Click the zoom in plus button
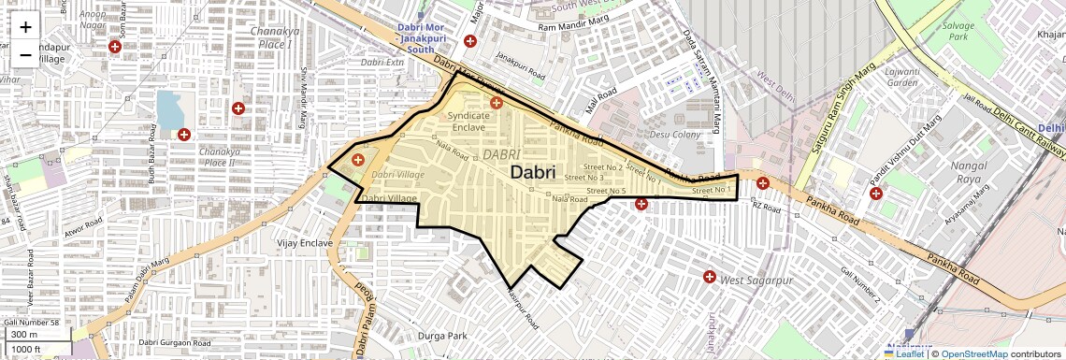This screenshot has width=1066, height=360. coord(25,27)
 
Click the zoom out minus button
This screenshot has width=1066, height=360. coord(25,55)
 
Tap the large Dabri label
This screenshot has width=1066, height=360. coord(533,173)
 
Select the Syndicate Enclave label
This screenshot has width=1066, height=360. coord(468,121)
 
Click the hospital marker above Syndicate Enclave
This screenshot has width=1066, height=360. coord(497,102)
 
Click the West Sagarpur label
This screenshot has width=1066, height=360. coord(751,280)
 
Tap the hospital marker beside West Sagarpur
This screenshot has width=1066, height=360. coord(710,278)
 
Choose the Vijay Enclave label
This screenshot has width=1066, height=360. coord(305,243)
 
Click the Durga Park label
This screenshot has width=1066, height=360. coord(442,336)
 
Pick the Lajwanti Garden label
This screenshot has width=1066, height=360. coord(902,78)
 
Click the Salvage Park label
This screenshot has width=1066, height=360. coord(960,32)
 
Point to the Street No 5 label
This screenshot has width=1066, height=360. coord(605,191)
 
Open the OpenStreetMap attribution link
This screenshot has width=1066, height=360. coord(974,353)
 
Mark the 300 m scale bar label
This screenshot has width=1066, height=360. coord(25,335)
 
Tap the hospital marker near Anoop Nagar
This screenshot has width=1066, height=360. coord(115,47)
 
